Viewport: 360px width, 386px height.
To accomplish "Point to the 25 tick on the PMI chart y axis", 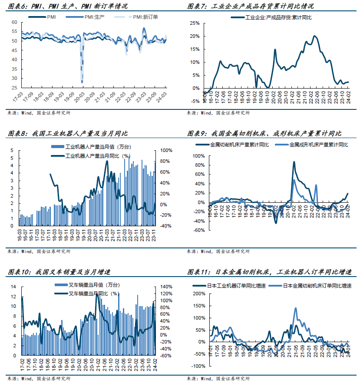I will point(15,88).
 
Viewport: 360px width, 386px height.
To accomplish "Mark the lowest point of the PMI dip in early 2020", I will point(82,82).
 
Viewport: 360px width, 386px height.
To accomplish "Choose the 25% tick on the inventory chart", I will point(194,23).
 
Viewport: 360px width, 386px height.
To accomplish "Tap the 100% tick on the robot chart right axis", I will point(166,150).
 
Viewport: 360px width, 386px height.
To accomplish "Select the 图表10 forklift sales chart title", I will point(59,272).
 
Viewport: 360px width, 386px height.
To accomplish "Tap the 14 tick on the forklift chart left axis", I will point(13,287).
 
